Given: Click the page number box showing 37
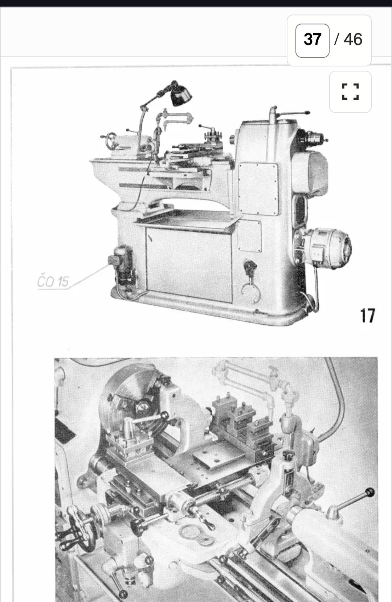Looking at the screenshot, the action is pyautogui.click(x=313, y=41).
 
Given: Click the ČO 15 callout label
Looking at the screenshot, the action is pyautogui.click(x=53, y=281).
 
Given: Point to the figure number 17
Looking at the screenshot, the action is pyautogui.click(x=367, y=316).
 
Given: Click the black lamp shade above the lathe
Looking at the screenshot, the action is pyautogui.click(x=181, y=95).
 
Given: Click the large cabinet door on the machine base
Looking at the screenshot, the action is pyautogui.click(x=189, y=264).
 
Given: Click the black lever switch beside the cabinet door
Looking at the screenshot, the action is pyautogui.click(x=250, y=267).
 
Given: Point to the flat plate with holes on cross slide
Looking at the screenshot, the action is pyautogui.click(x=217, y=460).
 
